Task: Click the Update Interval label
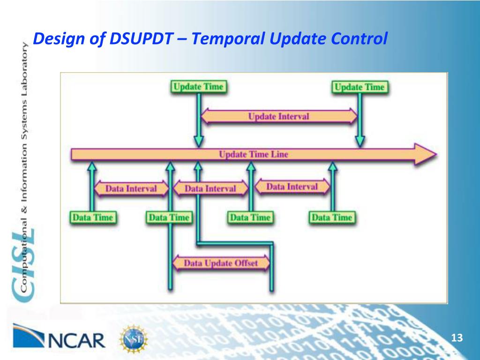coord(279,116)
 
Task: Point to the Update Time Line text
coord(254,154)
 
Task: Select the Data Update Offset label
coord(221,263)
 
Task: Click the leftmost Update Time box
coord(199,87)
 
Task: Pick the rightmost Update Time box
coord(360,87)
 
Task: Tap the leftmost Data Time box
coord(92,217)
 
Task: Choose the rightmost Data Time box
coord(332,217)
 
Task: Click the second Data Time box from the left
coord(169,217)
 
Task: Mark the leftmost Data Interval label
coord(131,189)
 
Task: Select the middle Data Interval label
coord(210,189)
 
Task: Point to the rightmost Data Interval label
coord(292,187)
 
